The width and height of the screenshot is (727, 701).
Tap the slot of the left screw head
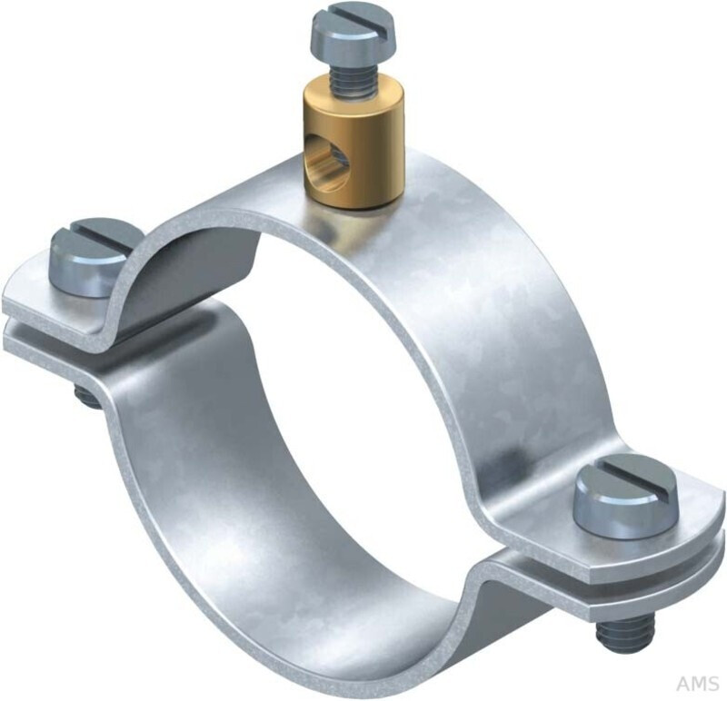point(95,240)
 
